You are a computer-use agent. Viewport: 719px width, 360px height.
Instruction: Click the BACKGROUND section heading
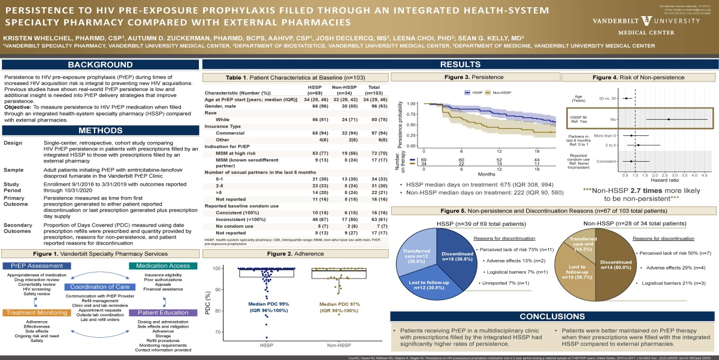coord(99,65)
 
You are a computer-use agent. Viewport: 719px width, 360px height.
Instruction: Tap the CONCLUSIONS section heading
coord(551,316)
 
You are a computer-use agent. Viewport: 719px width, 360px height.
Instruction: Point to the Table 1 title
coord(295,78)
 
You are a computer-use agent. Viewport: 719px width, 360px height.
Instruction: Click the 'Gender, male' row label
coord(221,105)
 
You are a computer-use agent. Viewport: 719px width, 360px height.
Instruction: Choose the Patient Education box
coord(164,313)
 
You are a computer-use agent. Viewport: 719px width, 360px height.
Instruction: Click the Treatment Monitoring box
coord(34,313)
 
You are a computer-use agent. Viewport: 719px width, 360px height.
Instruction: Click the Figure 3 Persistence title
coord(474,78)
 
